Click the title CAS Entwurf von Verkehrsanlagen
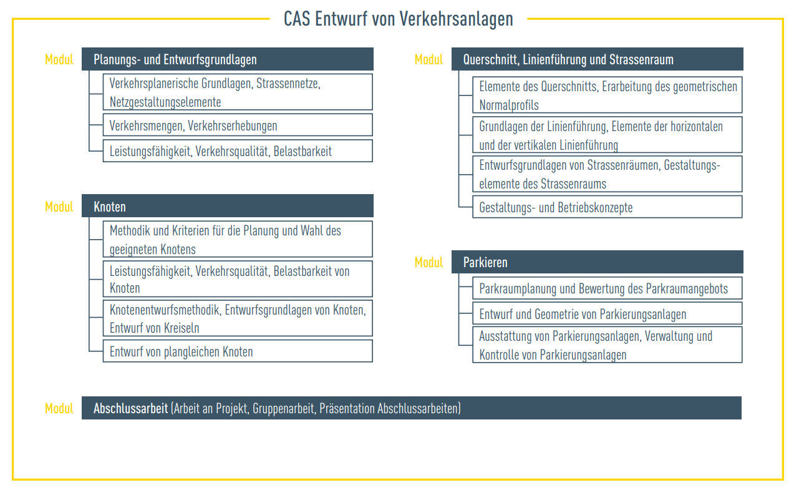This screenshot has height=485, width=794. coord(398,19)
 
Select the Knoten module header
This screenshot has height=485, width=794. coord(228,206)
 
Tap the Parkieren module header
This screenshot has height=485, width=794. coord(598,262)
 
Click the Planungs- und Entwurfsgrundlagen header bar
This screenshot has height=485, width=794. coord(228,59)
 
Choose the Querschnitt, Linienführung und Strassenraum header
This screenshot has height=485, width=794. coord(598,59)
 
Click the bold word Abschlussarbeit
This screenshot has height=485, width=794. coord(130,408)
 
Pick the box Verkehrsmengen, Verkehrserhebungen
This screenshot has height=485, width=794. coord(238,125)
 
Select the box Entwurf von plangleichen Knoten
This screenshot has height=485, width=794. coord(238,351)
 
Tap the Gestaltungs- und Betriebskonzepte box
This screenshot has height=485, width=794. coord(608,207)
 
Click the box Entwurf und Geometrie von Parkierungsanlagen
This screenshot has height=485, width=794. coord(608,313)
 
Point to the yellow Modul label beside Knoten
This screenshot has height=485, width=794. coord(59,207)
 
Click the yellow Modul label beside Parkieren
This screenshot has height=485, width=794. coord(428,263)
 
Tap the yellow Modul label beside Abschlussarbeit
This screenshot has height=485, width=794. coord(59,408)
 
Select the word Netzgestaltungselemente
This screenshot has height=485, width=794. coord(165,102)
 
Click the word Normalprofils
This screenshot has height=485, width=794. coord(509,105)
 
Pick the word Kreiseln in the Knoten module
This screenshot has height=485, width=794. coord(182,328)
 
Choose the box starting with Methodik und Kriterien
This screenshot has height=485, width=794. coord(238,239)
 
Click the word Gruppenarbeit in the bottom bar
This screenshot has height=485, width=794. coord(283,409)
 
